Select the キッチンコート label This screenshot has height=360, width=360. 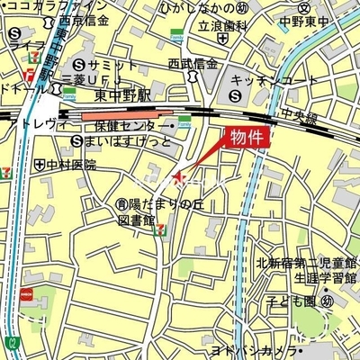[274, 79]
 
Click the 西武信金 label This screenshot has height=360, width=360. [193, 64]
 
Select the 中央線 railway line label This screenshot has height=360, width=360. [297, 115]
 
